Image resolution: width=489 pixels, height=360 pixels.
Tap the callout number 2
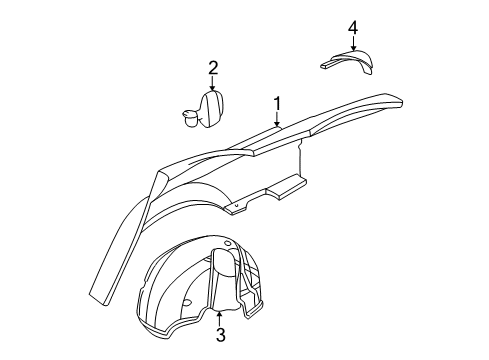point(212,68)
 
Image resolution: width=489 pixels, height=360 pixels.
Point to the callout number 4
point(353,25)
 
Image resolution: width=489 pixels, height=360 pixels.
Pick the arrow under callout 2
point(212,86)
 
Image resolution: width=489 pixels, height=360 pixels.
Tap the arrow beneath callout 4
point(353,43)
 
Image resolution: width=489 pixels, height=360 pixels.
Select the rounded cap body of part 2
point(213,108)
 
